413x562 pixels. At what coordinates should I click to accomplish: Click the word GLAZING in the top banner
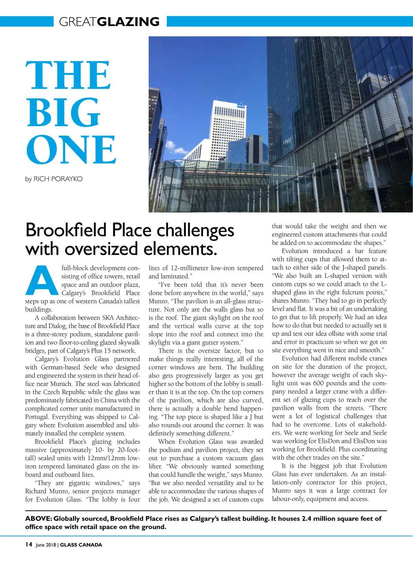point(128,22)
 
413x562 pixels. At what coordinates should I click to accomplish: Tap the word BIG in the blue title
point(63,112)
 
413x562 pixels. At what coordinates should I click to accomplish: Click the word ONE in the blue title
point(71,150)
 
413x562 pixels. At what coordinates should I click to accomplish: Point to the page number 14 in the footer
point(29,544)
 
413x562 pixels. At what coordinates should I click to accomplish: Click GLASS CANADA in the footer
point(81,545)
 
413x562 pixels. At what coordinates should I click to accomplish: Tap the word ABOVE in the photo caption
point(38,519)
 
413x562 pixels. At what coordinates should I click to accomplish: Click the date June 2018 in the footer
point(46,545)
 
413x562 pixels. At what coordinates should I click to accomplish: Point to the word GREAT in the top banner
point(78,22)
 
